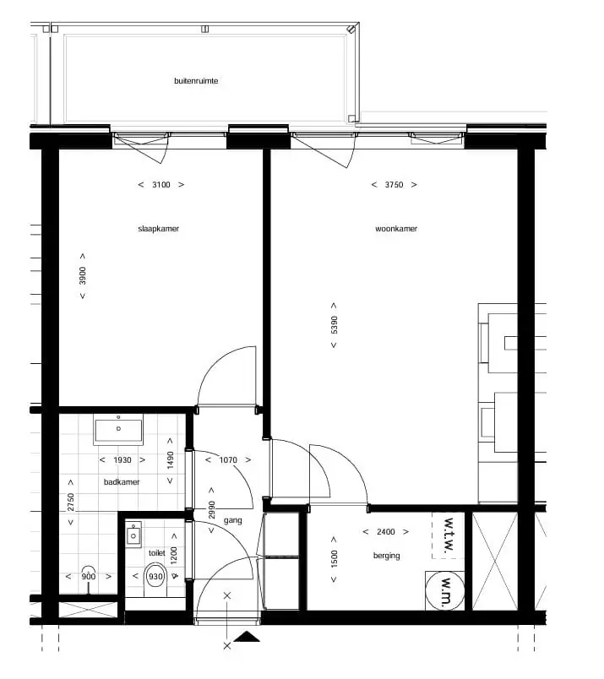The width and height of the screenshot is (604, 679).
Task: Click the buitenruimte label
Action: (196, 81)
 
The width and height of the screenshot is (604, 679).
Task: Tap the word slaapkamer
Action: (158, 229)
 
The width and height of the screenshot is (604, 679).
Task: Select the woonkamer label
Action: (396, 229)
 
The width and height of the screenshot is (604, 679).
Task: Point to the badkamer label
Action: (122, 482)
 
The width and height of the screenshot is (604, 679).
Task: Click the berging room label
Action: (387, 556)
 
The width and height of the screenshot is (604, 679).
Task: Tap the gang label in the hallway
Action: (232, 520)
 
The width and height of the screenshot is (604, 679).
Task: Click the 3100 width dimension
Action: (161, 185)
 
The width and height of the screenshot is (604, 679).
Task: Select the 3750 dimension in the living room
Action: (394, 185)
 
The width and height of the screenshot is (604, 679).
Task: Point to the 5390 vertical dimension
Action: (334, 325)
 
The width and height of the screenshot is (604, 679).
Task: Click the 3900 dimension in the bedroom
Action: (82, 276)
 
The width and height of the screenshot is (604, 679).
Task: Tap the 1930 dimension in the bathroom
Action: (122, 460)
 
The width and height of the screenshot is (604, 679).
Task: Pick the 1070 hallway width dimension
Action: (228, 460)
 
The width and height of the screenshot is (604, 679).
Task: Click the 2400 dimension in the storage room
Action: (385, 532)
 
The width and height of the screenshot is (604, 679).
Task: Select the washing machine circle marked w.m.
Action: (445, 590)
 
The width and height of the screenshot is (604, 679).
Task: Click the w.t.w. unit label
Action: (448, 535)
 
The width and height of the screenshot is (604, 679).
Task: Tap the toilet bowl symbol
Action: (155, 580)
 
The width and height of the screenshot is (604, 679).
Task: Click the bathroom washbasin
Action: (118, 430)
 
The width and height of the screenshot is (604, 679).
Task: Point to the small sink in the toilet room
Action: (133, 535)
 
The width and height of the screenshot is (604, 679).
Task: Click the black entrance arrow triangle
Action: (247, 637)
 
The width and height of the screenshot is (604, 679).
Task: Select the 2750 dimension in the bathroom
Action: (71, 502)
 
